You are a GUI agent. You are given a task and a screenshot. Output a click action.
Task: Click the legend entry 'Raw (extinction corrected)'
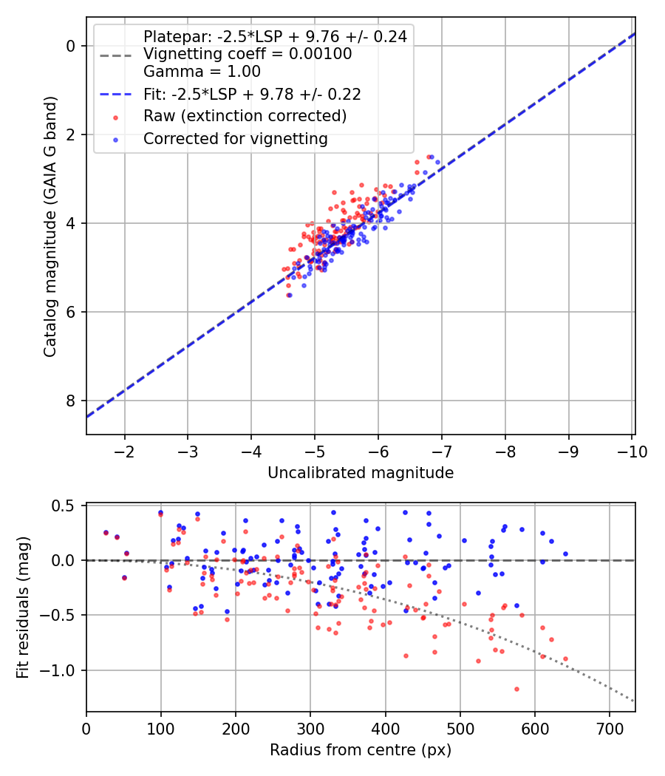245,116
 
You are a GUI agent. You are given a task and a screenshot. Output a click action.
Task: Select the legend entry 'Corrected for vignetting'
235,138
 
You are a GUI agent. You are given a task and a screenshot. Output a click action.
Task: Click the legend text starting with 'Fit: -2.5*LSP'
252,94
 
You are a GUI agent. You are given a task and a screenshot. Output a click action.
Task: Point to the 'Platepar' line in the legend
275,37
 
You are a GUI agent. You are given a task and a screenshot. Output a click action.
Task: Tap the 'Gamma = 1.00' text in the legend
202,72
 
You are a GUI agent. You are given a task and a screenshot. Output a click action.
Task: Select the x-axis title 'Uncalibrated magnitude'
361,472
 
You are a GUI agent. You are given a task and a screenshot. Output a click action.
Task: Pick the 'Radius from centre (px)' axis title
361,750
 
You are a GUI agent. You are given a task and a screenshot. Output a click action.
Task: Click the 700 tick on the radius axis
609,728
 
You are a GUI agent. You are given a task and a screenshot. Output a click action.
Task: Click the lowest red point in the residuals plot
516,689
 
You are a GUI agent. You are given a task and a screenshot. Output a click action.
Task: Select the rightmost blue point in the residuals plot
565,554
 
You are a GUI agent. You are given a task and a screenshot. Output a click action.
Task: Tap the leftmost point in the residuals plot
106,532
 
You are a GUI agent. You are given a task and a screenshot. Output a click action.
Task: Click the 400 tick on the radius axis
385,728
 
